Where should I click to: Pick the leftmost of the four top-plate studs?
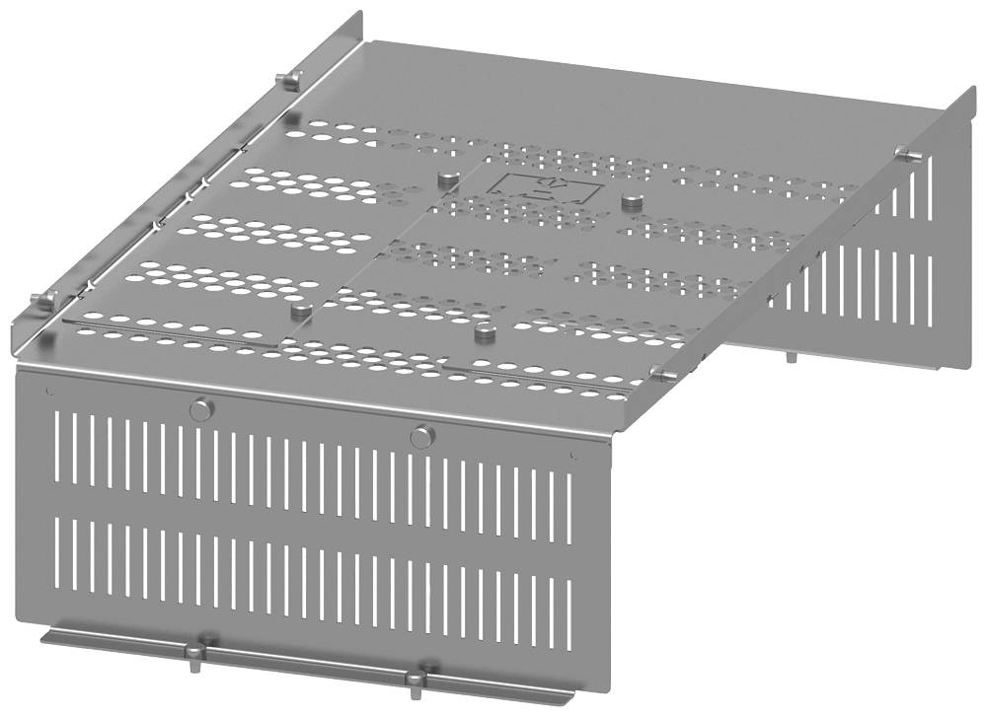(302, 311)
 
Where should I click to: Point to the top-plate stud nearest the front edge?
(483, 333)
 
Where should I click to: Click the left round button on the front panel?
(201, 409)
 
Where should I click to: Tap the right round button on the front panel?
(421, 435)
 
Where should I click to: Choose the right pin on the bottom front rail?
(420, 678)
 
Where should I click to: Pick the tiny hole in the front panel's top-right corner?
(573, 455)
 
